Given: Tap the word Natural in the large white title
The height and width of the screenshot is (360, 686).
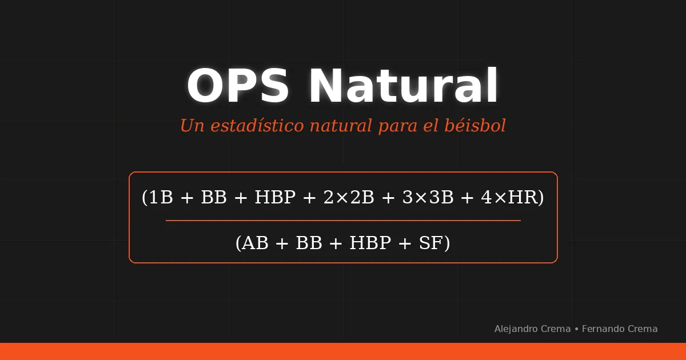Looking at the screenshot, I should pos(404,86).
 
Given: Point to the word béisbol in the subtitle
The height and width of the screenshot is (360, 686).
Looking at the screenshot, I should pos(475,126).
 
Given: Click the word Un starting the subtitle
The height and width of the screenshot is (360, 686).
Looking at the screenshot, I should pos(192,126).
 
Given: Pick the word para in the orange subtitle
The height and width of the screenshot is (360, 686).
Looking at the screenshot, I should pos(398,126).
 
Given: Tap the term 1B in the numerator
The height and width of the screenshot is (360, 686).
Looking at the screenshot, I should pos(161,198).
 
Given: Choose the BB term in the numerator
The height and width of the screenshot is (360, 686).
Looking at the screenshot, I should pos(214,198).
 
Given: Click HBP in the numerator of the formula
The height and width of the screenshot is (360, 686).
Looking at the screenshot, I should pos(275,198).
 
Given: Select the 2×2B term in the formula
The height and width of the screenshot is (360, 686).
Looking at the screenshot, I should pos(348,198).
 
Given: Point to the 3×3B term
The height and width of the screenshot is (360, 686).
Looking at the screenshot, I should pos(428,198).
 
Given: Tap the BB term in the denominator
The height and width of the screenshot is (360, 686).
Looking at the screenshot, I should pos(309,243).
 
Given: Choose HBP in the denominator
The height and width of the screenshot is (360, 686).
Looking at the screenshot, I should pos(370,243).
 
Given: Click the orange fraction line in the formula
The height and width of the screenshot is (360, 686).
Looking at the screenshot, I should pos(343,220).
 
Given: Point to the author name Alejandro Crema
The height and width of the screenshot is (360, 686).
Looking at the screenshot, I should pos(532,329).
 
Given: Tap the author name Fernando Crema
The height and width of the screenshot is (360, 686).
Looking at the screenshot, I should pos(620,329).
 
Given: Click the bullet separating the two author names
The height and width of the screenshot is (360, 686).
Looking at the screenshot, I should pos(576,329).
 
